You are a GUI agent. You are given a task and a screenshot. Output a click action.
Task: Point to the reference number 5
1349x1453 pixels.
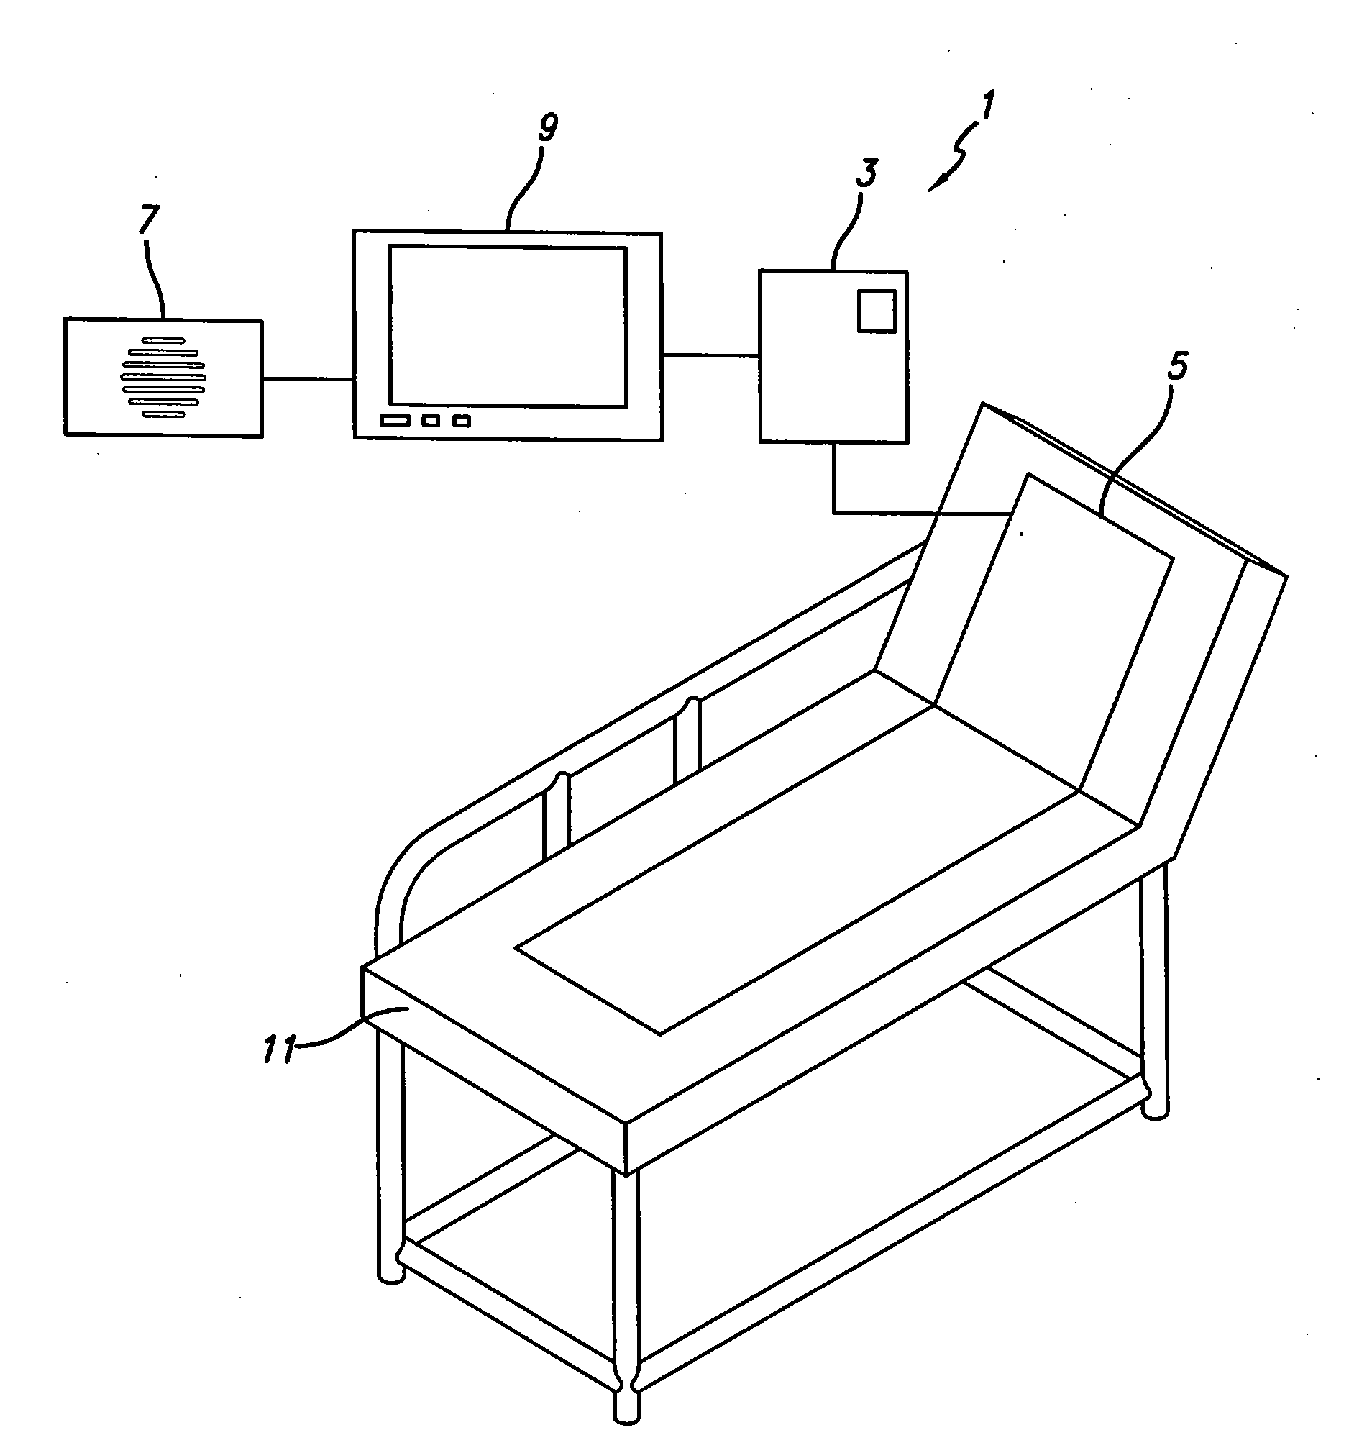(1176, 365)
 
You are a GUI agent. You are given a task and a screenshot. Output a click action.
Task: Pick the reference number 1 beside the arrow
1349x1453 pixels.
(986, 106)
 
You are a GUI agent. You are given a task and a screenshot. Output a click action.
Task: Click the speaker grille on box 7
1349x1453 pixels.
(163, 378)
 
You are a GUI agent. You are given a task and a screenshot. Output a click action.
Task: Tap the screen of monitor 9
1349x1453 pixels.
(508, 327)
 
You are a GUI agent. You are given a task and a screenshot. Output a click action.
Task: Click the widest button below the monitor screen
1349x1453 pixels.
(393, 421)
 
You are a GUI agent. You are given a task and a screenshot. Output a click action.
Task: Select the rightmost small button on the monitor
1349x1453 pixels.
(462, 421)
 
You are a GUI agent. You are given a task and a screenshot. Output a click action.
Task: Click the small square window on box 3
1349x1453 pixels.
(876, 311)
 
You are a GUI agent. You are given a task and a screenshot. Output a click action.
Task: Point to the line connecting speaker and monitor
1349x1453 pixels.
(308, 378)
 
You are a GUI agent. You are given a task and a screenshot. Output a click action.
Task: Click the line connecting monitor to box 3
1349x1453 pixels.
(710, 355)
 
